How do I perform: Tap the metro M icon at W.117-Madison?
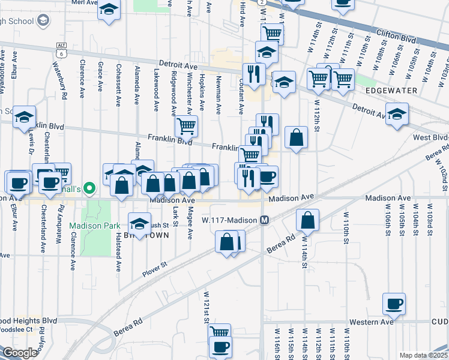click(x=264, y=220)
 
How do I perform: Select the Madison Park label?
click(x=90, y=226)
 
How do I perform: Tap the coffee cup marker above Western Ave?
click(x=394, y=304)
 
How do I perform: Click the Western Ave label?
click(x=373, y=322)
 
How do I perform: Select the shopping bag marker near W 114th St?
click(x=307, y=221)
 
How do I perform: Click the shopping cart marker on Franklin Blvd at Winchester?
click(x=187, y=126)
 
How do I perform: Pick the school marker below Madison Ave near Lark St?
click(x=139, y=223)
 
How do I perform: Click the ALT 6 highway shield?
click(x=61, y=50)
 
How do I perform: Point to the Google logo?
click(x=19, y=353)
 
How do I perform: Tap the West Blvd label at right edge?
click(x=430, y=138)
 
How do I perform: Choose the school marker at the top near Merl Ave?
click(x=109, y=10)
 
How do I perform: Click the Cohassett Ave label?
click(x=119, y=85)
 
